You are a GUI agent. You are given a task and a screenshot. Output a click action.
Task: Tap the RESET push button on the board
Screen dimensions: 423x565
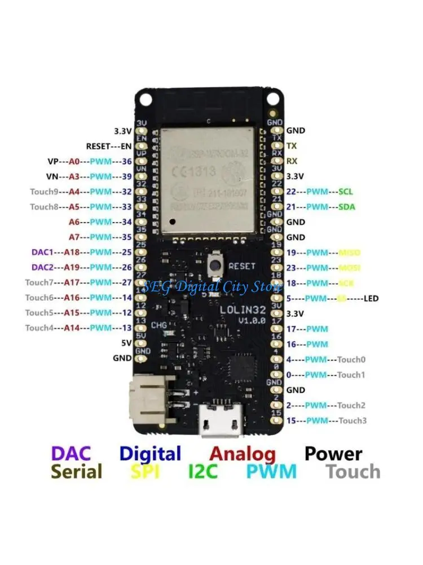coord(215,264)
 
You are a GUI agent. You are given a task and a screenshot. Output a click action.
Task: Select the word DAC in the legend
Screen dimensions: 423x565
coord(70,453)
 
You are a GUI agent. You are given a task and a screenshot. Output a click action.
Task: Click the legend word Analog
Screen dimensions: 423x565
coord(243,453)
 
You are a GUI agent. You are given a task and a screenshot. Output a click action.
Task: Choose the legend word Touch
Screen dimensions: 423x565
coord(353,472)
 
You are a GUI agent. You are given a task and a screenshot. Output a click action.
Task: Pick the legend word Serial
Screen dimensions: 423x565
coord(77,472)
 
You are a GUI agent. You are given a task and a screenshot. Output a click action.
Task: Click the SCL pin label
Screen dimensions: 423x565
coord(346,192)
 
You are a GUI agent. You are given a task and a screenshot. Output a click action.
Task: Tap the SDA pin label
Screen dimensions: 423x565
coord(346,207)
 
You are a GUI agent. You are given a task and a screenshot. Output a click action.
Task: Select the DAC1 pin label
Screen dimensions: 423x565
coord(43,252)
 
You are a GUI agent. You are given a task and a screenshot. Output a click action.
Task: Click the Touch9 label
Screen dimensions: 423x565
coord(44,192)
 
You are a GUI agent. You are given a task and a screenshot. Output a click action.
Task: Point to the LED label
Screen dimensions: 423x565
coord(371,298)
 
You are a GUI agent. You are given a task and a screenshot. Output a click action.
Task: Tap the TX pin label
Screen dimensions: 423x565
coord(292,145)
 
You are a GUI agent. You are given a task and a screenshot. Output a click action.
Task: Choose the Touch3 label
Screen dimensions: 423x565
coord(352,420)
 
